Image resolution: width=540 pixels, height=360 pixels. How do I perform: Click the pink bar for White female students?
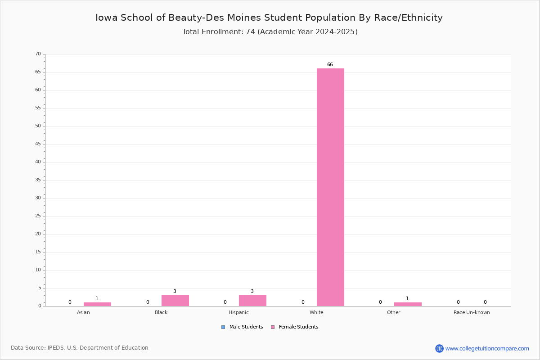click(x=330, y=187)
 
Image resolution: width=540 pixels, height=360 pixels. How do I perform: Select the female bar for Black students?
click(x=175, y=301)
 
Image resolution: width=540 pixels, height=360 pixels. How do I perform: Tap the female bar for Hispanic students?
click(x=252, y=301)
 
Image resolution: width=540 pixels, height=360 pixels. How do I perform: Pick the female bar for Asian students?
click(x=97, y=304)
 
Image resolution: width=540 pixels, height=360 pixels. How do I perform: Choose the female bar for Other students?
click(x=408, y=304)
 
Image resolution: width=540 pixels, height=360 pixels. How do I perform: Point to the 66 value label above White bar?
click(x=330, y=64)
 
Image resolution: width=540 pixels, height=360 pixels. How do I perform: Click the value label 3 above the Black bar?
click(x=175, y=291)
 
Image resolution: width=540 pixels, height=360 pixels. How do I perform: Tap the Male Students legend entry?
click(x=242, y=327)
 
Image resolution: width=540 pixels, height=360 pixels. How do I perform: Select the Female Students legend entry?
click(x=295, y=327)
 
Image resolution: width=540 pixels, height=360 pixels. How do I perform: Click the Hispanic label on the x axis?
click(x=238, y=312)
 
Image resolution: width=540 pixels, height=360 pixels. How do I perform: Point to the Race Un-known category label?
click(x=472, y=312)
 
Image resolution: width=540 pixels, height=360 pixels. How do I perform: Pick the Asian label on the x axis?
click(x=83, y=312)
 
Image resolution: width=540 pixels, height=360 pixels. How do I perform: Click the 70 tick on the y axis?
click(x=38, y=54)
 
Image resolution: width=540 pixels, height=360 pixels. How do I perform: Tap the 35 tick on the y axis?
click(x=38, y=180)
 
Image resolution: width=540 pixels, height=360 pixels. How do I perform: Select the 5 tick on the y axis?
click(x=40, y=288)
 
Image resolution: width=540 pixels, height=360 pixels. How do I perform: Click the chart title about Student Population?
click(x=269, y=18)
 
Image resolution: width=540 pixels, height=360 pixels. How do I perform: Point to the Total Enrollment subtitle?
click(x=270, y=32)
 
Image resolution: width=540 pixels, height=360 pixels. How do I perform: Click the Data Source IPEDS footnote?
click(x=80, y=348)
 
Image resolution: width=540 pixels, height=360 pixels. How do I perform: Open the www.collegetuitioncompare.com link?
click(x=487, y=349)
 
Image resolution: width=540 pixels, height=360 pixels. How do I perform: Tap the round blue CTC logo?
click(x=439, y=348)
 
